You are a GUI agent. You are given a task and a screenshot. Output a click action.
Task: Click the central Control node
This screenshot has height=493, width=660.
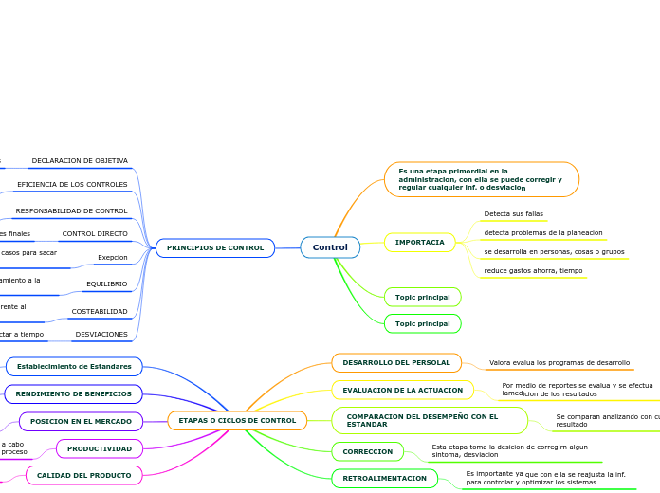coord(330,247)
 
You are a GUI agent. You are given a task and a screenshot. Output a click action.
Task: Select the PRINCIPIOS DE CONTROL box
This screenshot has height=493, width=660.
coord(215,248)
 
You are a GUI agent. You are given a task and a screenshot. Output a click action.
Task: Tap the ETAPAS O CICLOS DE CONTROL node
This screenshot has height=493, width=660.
coord(237,420)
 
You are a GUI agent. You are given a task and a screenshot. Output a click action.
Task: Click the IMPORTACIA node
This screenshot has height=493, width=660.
coord(419,243)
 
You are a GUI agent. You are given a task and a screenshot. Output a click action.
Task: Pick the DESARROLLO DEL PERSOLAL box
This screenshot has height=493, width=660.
coord(396,363)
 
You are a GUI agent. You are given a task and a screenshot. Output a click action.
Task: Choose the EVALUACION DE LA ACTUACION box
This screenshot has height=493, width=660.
coord(402,390)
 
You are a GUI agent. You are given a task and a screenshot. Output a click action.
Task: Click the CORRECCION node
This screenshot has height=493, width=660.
coord(367,451)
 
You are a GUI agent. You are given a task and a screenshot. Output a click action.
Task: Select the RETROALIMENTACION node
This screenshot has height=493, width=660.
coord(384,479)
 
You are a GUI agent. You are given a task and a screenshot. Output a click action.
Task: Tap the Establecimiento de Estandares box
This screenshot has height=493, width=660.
coord(74,366)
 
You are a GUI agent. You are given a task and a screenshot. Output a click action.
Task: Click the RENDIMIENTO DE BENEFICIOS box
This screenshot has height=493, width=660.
coord(74,393)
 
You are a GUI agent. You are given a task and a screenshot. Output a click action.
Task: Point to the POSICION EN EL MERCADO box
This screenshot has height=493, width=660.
coord(81,421)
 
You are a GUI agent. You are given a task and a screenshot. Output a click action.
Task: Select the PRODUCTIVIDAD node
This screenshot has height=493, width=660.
coord(99,448)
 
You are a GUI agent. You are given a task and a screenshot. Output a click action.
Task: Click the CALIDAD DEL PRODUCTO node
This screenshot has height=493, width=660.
coord(83,475)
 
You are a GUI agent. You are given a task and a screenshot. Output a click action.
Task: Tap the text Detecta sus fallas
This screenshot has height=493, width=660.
coord(513,214)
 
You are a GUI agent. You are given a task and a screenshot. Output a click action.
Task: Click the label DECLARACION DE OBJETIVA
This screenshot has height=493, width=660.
coord(80,161)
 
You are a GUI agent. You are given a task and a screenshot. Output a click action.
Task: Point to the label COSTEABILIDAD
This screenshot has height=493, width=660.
coord(100,311)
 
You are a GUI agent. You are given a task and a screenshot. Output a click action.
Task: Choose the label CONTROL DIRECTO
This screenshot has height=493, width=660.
coord(95,233)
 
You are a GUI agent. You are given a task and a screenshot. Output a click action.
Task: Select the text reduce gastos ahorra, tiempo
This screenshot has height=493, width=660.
coord(533,271)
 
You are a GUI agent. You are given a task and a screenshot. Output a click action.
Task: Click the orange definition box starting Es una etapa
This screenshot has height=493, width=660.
coord(481,179)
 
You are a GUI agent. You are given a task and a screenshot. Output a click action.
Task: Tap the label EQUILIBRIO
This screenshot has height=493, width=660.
coord(106,283)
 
